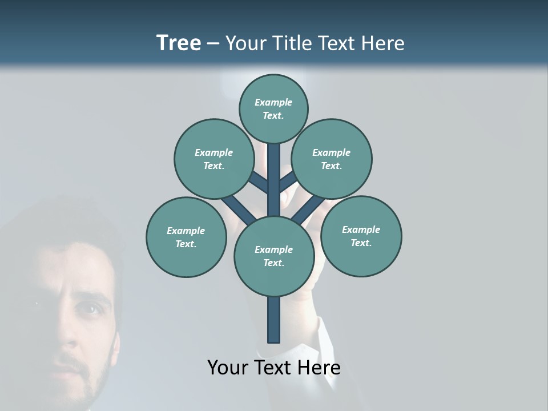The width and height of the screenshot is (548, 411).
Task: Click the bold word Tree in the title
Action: pyautogui.click(x=179, y=43)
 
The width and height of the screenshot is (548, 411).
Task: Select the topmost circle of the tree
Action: pyautogui.click(x=273, y=108)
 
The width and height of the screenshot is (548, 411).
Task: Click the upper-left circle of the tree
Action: pyautogui.click(x=214, y=159)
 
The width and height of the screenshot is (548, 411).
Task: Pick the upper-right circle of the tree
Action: pyautogui.click(x=332, y=159)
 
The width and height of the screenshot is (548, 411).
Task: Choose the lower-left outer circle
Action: pyautogui.click(x=186, y=237)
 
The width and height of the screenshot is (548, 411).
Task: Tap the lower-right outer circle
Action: pyautogui.click(x=361, y=236)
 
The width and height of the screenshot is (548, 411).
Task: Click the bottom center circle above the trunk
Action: pyautogui.click(x=273, y=256)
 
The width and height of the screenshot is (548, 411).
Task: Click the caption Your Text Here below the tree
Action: pyautogui.click(x=273, y=368)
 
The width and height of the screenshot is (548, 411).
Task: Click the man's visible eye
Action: pyautogui.click(x=90, y=309)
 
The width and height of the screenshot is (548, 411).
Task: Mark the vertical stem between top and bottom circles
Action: pyautogui.click(x=273, y=180)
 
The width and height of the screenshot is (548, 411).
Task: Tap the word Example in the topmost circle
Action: pyautogui.click(x=273, y=102)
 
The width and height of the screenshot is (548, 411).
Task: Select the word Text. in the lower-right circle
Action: pyautogui.click(x=361, y=243)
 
